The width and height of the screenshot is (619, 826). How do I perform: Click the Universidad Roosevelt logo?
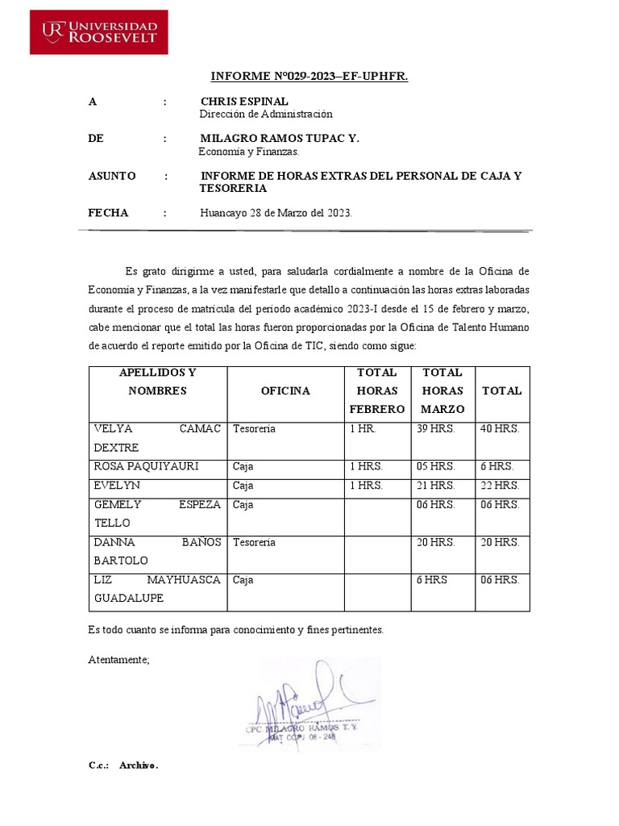99,32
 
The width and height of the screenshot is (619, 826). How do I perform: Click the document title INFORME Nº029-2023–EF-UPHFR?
309,77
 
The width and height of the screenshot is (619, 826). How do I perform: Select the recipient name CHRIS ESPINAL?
244,102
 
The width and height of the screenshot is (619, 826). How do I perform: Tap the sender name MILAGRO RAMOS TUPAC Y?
279,139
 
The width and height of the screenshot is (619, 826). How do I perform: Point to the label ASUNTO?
111,176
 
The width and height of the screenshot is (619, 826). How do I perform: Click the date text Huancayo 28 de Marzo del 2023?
276,213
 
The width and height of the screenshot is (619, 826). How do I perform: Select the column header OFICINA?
285,390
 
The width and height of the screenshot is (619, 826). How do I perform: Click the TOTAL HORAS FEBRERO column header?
376,390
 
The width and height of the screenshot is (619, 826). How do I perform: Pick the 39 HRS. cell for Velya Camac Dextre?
436,428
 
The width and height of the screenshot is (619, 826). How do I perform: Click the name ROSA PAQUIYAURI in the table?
146,466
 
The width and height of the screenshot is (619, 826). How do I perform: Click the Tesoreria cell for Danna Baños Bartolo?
254,542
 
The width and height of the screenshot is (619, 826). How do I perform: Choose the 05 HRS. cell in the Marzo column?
436,466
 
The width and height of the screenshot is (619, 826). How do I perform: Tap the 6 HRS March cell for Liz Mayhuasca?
431,580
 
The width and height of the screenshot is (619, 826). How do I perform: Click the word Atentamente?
118,659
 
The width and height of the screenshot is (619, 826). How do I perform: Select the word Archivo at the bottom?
139,765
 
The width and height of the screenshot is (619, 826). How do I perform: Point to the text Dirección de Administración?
266,115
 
